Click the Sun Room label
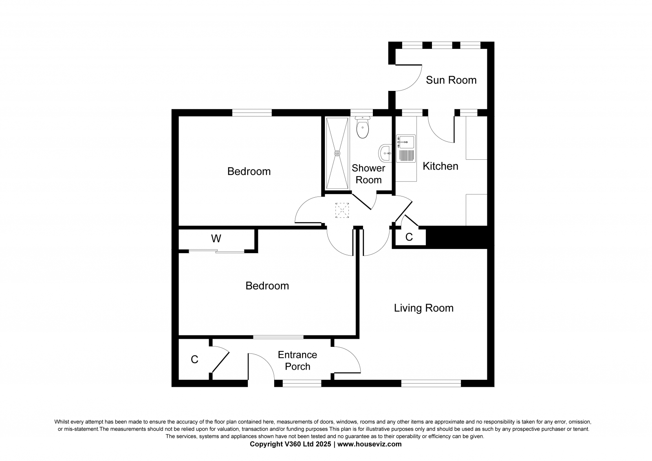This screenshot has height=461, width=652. tap(451, 80)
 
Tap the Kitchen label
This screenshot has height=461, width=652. tap(441, 166)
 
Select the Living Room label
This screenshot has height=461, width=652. tap(424, 308)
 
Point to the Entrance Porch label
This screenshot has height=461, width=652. tap(297, 361)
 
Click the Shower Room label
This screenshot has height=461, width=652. tap(368, 174)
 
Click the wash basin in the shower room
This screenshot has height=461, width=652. tap(385, 153)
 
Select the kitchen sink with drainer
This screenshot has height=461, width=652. tap(406, 148)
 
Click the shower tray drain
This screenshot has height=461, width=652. tap(337, 153)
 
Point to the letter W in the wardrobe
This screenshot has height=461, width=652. tap(216, 238)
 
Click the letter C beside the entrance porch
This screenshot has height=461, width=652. tap(194, 360)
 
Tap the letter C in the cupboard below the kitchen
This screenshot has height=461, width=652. tap(409, 237)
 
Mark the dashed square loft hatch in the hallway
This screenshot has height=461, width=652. tap(342, 210)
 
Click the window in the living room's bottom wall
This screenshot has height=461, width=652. tap(431, 383)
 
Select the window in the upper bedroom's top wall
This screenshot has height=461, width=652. tap(252, 112)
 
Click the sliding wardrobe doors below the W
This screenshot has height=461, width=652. tap(216, 251)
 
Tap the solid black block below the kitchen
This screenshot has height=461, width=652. tap(457, 237)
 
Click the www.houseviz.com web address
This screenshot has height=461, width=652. tap(369, 444)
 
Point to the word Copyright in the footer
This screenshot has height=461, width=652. tap(264, 444)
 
